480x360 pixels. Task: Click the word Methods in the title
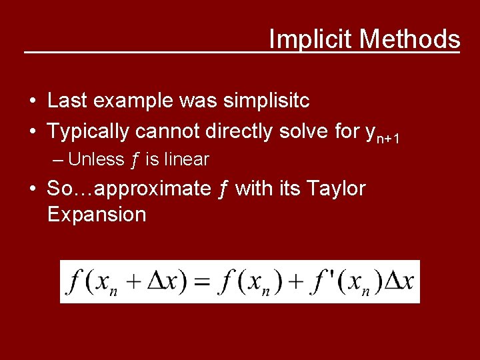point(410,39)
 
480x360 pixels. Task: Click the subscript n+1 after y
point(388,138)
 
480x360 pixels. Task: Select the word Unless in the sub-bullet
point(96,160)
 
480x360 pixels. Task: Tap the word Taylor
point(336,189)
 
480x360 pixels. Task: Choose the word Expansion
point(97,214)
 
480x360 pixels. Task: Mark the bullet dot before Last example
point(32,101)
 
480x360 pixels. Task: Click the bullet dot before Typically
point(32,132)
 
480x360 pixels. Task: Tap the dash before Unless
point(59,160)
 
